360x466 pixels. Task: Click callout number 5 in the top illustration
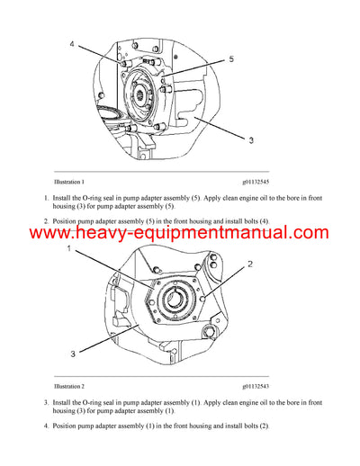click(x=231, y=60)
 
